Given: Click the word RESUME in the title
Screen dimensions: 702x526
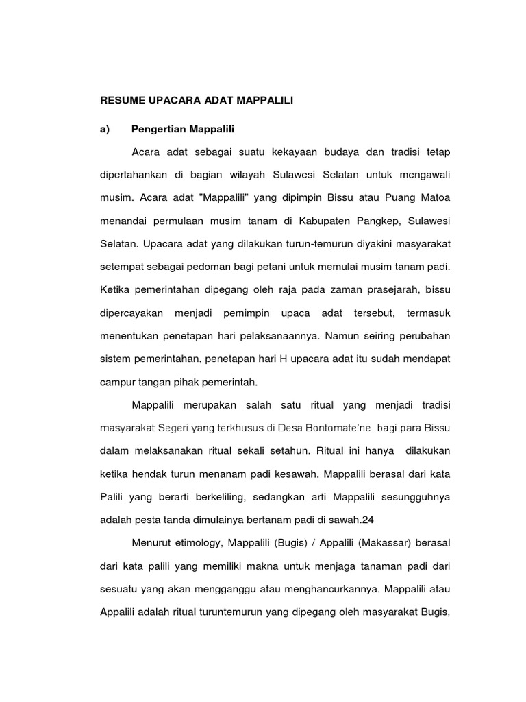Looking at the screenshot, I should click(122, 100).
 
